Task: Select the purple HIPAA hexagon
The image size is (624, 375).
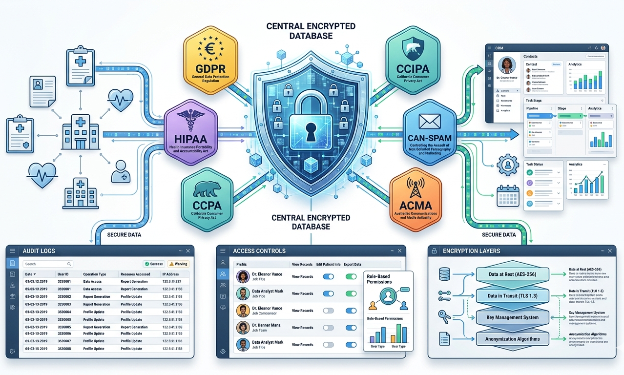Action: pos(189,128)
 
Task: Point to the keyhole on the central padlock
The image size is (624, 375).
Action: pos(311,131)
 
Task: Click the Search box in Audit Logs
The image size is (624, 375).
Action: pos(48,264)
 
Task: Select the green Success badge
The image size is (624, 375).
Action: pos(153,264)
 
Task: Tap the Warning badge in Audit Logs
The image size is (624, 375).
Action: pos(178,264)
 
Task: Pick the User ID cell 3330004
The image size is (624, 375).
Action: pos(64,311)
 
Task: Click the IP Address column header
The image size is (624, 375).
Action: pos(171,274)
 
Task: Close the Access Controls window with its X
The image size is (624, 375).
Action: pos(400,250)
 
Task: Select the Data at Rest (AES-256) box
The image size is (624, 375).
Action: pos(512,274)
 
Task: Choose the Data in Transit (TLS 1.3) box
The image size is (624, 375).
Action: pos(512,296)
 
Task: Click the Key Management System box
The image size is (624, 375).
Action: pos(512,317)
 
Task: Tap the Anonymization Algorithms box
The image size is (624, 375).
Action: pos(512,339)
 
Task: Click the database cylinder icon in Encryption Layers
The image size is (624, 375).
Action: pos(444,273)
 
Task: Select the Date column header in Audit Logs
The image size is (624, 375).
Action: pos(31,274)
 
